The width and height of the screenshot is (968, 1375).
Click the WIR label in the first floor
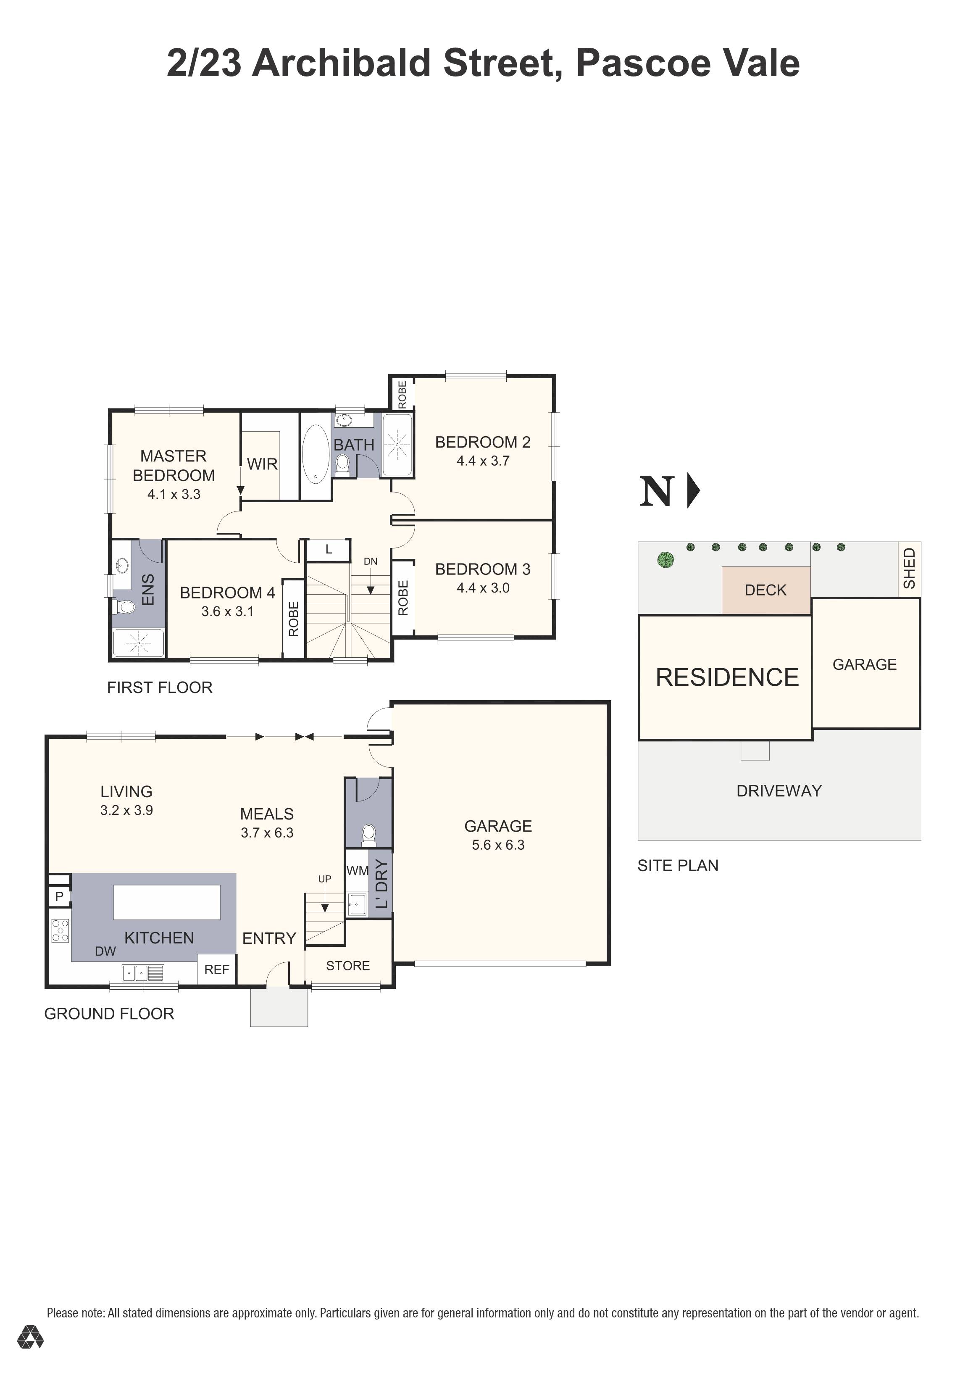click(x=262, y=464)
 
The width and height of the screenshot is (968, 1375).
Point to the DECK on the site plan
click(x=765, y=590)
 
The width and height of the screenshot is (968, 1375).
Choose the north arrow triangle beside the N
click(x=693, y=491)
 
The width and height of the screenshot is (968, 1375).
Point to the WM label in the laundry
click(x=358, y=871)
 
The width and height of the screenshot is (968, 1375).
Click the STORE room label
click(x=348, y=966)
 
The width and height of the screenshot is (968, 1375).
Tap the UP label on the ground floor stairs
click(x=324, y=879)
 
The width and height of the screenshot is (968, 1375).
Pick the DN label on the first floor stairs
click(x=371, y=562)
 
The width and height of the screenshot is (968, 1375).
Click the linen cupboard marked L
click(x=329, y=549)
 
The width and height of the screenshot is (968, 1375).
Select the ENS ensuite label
click(x=148, y=590)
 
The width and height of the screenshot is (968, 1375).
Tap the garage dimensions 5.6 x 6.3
click(x=498, y=845)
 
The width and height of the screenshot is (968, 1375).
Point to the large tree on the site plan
click(x=665, y=560)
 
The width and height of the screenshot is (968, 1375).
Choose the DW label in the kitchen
click(x=105, y=951)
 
